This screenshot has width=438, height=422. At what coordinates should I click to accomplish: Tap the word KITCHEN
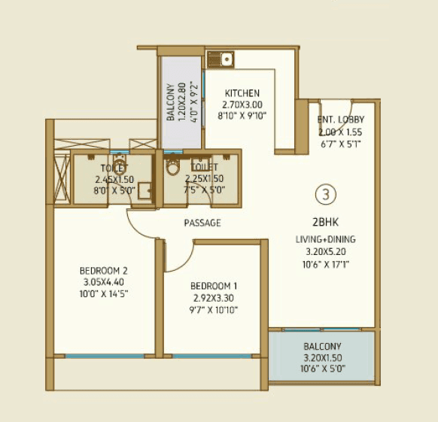[242, 93]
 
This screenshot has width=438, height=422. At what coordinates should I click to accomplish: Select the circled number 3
[325, 194]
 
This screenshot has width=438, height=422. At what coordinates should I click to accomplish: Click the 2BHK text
[325, 223]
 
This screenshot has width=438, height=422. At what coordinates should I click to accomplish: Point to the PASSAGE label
[202, 223]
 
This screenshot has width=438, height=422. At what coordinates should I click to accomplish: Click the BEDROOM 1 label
[214, 286]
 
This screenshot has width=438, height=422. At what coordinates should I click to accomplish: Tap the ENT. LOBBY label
[341, 120]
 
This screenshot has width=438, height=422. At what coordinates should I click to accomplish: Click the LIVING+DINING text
[325, 239]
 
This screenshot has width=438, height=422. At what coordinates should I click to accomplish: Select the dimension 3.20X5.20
[325, 252]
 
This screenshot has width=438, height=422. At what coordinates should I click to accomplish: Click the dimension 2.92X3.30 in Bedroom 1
[214, 297]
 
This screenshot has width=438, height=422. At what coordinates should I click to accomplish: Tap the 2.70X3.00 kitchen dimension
[242, 105]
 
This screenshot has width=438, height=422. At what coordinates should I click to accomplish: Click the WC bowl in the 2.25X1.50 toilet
[172, 167]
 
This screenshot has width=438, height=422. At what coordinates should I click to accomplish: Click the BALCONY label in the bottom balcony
[321, 348]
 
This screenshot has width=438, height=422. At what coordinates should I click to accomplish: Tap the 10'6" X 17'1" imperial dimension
[325, 264]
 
